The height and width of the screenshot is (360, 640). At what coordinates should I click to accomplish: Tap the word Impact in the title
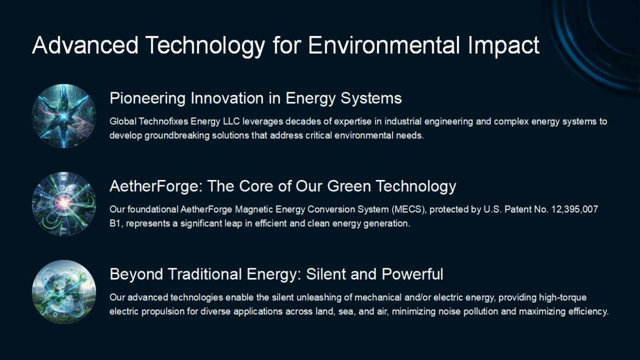click(x=504, y=46)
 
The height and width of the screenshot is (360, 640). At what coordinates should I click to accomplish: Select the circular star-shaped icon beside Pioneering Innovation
click(x=64, y=116)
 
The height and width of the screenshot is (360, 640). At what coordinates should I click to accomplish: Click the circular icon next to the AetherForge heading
click(x=64, y=204)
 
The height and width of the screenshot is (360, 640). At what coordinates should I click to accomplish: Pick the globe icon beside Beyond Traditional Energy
click(x=64, y=292)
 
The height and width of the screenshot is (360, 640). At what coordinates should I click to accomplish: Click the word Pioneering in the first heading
click(x=148, y=99)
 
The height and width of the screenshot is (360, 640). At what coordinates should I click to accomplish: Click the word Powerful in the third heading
click(x=412, y=274)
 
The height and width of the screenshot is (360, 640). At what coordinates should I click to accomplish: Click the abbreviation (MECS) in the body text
click(x=409, y=209)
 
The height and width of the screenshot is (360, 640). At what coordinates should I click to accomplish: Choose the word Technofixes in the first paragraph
click(x=164, y=122)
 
